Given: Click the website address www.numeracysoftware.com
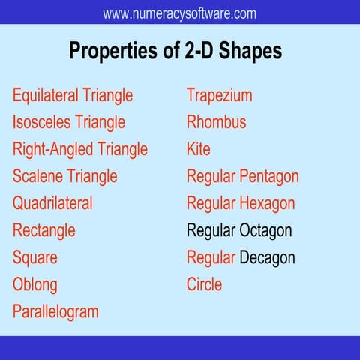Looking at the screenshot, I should (x=179, y=13).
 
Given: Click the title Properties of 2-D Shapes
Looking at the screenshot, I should (x=175, y=50).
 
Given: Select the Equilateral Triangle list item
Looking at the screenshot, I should (x=73, y=95).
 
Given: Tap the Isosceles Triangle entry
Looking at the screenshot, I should (x=69, y=122).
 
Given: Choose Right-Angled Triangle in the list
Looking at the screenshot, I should (x=80, y=149).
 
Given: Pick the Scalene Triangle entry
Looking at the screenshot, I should (x=65, y=176).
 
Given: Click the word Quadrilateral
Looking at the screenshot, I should (x=52, y=203).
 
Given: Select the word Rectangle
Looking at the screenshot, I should (x=44, y=230).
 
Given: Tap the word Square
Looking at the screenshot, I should (x=35, y=257).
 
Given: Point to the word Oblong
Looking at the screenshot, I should (x=35, y=284).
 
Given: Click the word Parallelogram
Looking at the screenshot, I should (x=55, y=311).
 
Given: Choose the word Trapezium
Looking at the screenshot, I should (x=220, y=95).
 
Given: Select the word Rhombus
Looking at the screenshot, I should (x=217, y=122).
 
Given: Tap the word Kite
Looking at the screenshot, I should (x=199, y=149).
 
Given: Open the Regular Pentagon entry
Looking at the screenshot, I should (x=243, y=176).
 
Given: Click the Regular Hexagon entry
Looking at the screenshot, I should (x=241, y=203).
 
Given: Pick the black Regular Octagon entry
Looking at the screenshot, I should (x=239, y=230).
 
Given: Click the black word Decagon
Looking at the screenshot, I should (x=268, y=257).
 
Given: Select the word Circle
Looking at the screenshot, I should (x=205, y=284).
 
